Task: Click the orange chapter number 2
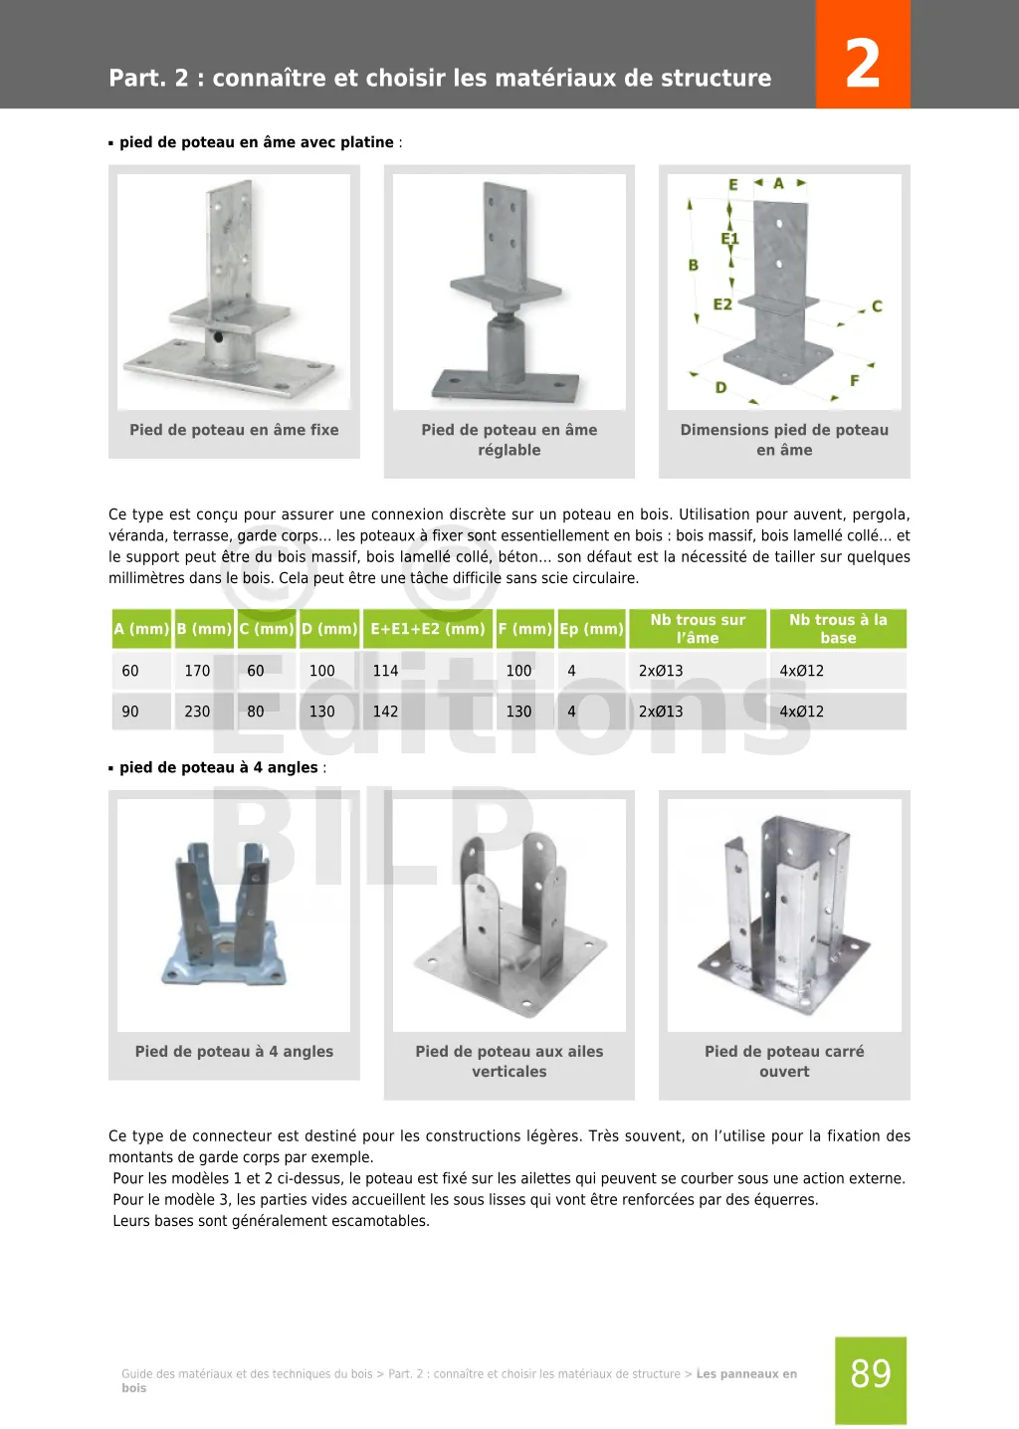[862, 63]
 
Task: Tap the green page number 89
[871, 1374]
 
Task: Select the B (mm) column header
[204, 629]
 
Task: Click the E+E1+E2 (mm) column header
[428, 629]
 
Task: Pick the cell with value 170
[197, 671]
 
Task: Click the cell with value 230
[197, 712]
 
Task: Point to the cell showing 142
[385, 712]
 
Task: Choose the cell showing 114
[385, 671]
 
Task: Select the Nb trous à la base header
[838, 629]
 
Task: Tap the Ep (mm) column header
[591, 629]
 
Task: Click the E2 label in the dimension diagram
[722, 305]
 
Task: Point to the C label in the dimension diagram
[877, 306]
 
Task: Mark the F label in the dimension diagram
[854, 381]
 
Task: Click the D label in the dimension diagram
[720, 387]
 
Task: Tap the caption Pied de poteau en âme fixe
[234, 430]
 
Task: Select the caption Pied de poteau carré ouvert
[784, 1062]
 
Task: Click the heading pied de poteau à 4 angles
[218, 767]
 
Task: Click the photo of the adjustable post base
[509, 292]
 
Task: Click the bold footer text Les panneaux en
[746, 1374]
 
